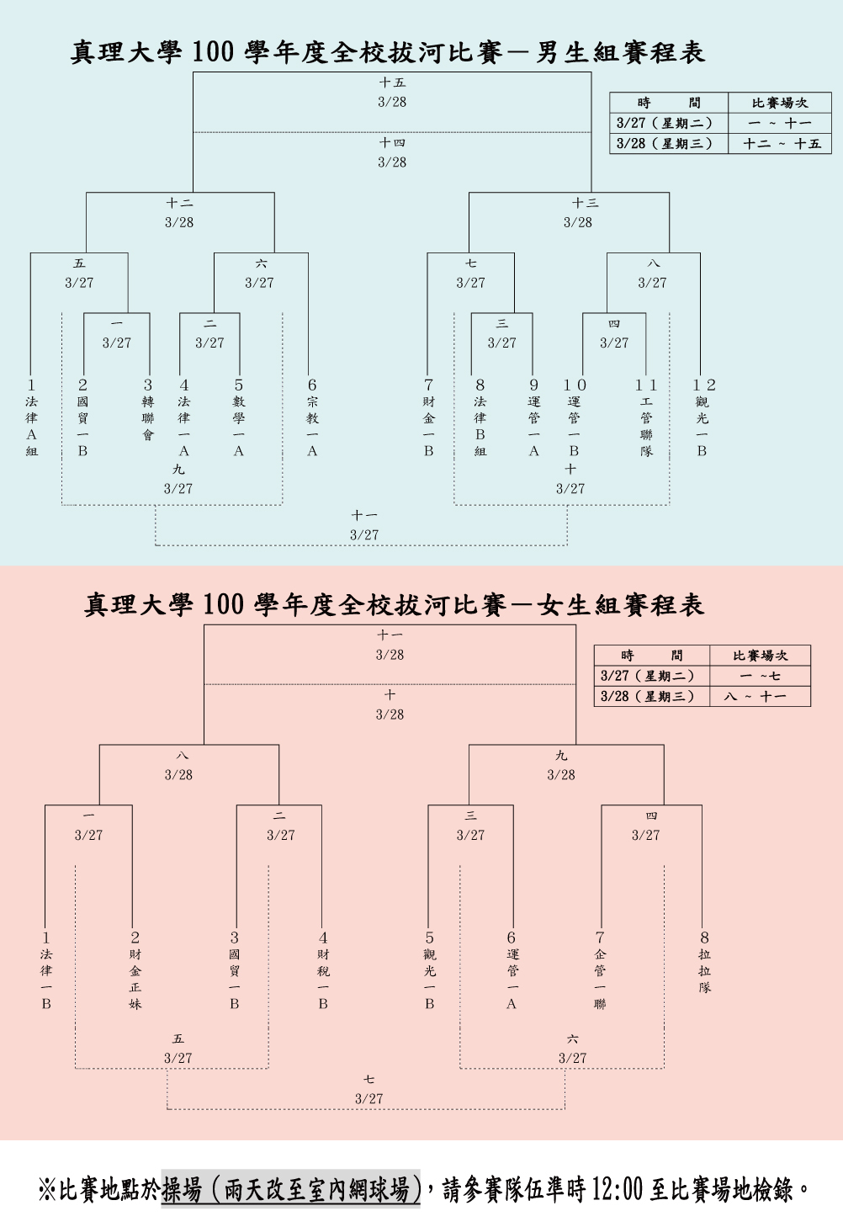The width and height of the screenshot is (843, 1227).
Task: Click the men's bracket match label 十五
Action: pos(392,82)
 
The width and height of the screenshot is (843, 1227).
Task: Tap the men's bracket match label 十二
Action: pos(179,203)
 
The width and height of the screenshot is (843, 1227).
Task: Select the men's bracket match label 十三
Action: pos(585,203)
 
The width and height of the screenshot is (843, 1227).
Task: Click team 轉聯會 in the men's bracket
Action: pos(148,418)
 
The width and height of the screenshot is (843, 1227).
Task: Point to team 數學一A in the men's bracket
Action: pos(239,426)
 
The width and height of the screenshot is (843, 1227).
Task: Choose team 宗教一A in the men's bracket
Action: pos(312,426)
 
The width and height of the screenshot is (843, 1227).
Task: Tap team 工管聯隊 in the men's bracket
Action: pos(646,426)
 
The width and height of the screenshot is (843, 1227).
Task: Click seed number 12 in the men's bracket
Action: pos(704,385)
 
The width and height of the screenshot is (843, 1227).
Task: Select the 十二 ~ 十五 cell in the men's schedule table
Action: pos(782,144)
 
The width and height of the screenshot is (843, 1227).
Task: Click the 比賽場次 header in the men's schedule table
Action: pos(779,103)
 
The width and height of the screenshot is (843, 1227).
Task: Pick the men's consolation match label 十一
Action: pos(364,515)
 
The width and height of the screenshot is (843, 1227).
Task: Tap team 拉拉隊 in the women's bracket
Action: pos(704,971)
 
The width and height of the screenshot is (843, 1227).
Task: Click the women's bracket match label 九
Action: pos(561,756)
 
